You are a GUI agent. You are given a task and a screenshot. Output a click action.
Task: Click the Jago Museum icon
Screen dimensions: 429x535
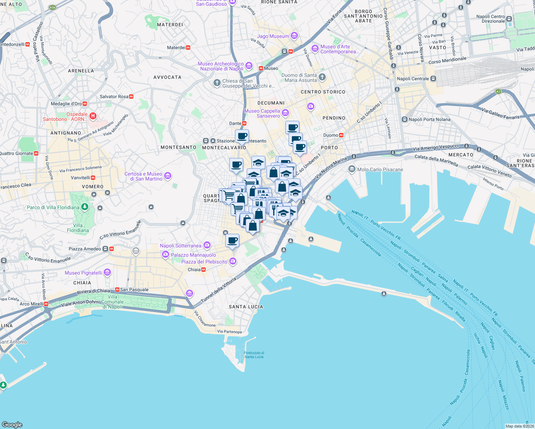pyautogui.click(x=294, y=36)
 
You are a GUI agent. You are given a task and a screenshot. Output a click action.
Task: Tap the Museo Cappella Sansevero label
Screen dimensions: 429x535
pyautogui.click(x=262, y=113)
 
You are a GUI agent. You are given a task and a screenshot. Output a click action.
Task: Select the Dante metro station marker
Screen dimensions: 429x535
pyautogui.click(x=244, y=123)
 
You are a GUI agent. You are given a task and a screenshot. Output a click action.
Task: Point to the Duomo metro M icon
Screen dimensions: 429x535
pyautogui.click(x=341, y=135)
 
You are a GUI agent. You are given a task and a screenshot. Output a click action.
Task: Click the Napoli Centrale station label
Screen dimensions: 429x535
pyautogui.click(x=413, y=79)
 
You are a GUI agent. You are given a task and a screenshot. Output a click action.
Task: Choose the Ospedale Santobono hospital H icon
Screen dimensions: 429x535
pyautogui.click(x=93, y=116)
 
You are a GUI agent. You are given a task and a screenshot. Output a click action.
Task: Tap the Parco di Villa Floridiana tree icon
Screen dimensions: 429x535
pyautogui.click(x=84, y=207)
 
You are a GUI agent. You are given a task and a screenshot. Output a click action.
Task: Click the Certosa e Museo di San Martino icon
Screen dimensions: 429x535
pyautogui.click(x=168, y=176)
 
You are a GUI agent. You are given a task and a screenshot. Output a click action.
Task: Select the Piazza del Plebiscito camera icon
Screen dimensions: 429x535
pyautogui.click(x=233, y=261)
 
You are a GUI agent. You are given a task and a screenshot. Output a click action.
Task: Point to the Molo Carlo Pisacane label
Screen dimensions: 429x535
pyautogui.click(x=380, y=169)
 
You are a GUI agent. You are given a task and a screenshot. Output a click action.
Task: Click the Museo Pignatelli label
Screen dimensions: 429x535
pyautogui.click(x=83, y=273)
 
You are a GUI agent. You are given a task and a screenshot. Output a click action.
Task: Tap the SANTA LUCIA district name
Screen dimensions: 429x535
pyautogui.click(x=246, y=307)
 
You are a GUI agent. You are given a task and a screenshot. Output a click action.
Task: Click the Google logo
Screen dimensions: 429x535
pyautogui.click(x=12, y=424)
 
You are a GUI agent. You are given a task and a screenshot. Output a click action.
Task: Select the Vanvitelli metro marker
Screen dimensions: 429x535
pyautogui.click(x=93, y=178)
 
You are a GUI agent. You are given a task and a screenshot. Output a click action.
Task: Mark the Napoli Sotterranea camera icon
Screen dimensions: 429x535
pyautogui.click(x=207, y=245)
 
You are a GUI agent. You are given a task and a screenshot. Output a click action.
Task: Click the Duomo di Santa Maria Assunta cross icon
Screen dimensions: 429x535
pyautogui.click(x=322, y=77)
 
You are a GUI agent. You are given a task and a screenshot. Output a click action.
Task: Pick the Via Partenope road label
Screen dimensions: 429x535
pyautogui.click(x=230, y=331)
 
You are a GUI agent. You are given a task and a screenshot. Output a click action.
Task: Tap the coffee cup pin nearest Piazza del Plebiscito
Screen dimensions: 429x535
pyautogui.click(x=232, y=240)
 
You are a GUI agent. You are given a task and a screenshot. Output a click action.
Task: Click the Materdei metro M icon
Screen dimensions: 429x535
pyautogui.click(x=188, y=48)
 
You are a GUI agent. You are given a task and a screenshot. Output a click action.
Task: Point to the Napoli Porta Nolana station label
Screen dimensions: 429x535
pyautogui.click(x=430, y=119)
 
